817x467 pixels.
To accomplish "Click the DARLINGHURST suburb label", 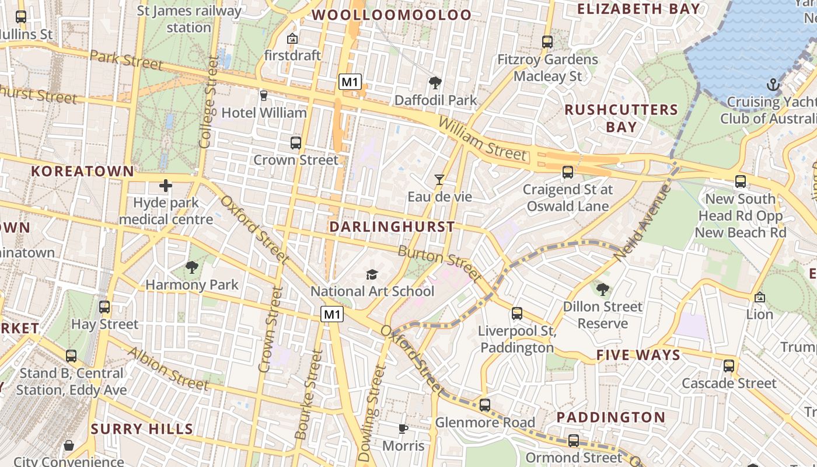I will pos(392,226).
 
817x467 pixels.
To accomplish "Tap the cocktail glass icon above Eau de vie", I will pos(439,180).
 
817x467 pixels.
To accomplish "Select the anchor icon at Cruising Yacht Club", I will pos(773,85).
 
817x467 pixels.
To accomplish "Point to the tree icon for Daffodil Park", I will pos(435,83).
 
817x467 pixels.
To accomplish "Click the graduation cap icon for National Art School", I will pos(372,274).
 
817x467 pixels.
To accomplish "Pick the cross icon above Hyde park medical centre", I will pos(166,186).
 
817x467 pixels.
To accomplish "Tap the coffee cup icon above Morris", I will pos(403,429).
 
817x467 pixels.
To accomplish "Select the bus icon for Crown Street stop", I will pos(296,143).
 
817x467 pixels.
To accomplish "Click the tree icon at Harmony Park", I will pos(191,268).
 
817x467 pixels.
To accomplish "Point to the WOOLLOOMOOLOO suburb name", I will pos(392,15).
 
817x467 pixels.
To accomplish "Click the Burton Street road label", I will pos(439,262).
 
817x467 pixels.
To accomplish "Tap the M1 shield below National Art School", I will pos(332,315).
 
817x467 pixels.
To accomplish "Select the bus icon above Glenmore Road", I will pos(484,405).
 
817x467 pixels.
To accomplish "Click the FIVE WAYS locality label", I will pos(638,356).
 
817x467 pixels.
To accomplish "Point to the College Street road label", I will pos(208,102).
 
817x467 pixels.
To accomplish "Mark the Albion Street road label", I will pos(167,368).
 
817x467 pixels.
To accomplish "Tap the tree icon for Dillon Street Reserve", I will pos(603,289).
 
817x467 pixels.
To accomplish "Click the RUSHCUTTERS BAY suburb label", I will pos(621,118).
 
